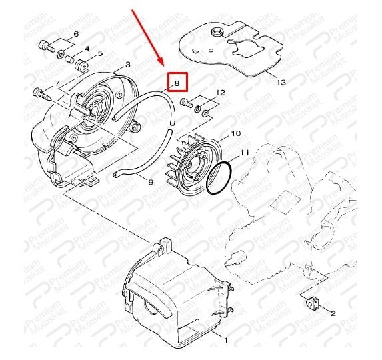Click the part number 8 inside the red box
click(177, 83)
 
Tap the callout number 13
click(281, 82)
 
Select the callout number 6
click(76, 34)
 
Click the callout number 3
click(127, 65)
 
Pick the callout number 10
click(236, 133)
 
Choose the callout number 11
click(245, 152)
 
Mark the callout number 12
click(221, 92)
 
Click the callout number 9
click(151, 182)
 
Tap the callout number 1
click(225, 340)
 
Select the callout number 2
click(333, 313)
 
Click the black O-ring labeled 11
click(219, 178)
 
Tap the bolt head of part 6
click(43, 45)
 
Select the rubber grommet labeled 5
click(81, 65)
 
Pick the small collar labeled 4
click(69, 59)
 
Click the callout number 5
click(100, 53)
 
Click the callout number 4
click(87, 49)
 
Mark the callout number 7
click(57, 83)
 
